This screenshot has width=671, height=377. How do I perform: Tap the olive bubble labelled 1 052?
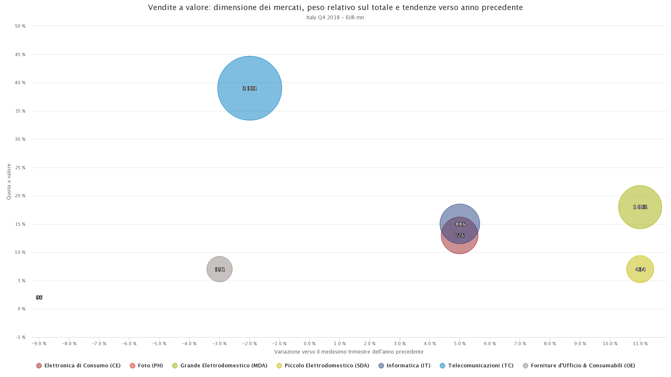[x=640, y=197]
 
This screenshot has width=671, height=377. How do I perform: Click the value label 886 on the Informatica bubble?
[x=460, y=224]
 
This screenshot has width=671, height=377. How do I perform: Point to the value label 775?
[x=460, y=235]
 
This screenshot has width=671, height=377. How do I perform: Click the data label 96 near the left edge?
[x=39, y=297]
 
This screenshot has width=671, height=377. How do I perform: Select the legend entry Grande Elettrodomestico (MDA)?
[x=224, y=366]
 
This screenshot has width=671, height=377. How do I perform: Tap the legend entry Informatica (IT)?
[x=408, y=366]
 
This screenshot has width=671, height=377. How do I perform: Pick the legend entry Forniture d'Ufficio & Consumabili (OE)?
[x=583, y=366]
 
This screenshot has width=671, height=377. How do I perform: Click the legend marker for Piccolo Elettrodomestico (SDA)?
[x=279, y=366]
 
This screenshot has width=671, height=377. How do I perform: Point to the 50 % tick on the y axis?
[x=20, y=26]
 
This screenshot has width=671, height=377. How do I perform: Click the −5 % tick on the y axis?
[x=20, y=337]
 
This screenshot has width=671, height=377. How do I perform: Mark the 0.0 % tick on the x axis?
[x=309, y=344]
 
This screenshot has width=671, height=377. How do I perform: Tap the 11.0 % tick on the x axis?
[x=640, y=344]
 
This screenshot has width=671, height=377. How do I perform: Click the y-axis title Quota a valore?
[x=9, y=181]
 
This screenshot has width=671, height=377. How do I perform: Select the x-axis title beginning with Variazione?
[x=349, y=352]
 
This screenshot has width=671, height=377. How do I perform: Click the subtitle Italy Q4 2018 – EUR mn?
[x=335, y=18]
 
